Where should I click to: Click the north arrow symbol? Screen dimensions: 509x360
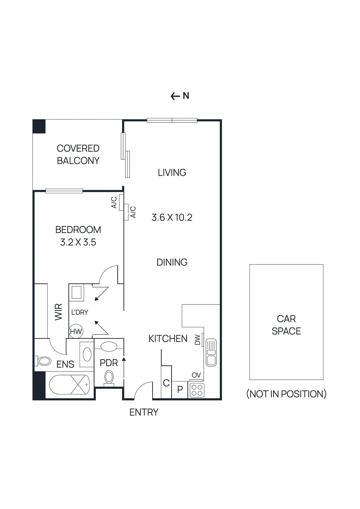pos(175,96)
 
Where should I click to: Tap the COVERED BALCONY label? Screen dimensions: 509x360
pos(78,155)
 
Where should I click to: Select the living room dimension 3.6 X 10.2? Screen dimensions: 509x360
pos(172,218)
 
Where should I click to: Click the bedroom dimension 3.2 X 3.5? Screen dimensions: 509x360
pos(78,242)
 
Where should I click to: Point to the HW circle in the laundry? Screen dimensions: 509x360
pos(76,331)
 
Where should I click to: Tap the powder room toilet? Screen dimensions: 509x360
pos(109,378)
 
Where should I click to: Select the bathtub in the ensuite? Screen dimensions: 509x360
pos(70,385)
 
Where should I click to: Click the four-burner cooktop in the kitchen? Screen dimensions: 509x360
pos(197,390)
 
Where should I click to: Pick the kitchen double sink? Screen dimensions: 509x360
pos(211,352)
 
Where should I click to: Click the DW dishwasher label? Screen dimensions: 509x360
pos(198,340)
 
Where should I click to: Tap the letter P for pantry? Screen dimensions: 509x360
pos(180,389)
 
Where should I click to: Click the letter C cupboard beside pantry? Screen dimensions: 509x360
pos(166,383)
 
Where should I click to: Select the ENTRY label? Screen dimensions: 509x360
pos(144,412)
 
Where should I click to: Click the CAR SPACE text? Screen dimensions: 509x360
pos(286,325)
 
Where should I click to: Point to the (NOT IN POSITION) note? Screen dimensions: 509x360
pos(286,394)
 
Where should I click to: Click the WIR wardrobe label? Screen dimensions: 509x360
pos(59,312)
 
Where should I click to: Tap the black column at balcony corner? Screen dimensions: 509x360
pos(39,126)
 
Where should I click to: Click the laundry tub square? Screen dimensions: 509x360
pos(77,292)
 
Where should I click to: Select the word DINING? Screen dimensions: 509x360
pos(172,262)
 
